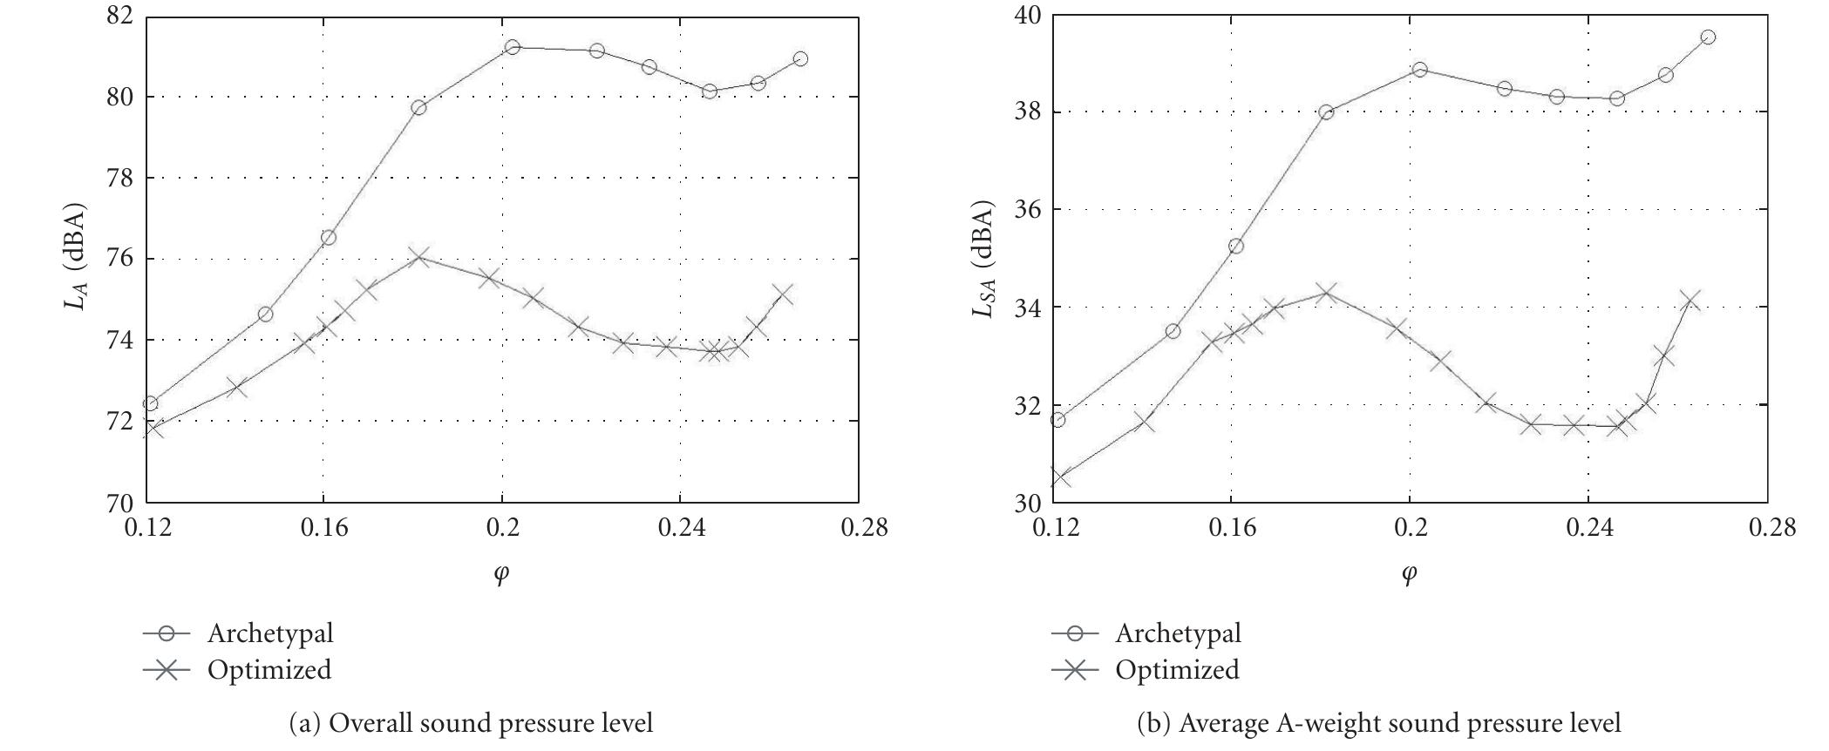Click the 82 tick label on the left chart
point(120,16)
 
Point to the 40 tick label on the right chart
point(1029,16)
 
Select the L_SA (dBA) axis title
point(984,258)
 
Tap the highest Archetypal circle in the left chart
point(513,47)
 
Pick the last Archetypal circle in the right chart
point(1708,37)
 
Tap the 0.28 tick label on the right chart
point(1771,529)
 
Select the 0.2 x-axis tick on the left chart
point(502,529)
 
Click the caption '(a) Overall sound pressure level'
point(471,723)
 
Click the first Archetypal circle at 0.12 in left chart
point(150,403)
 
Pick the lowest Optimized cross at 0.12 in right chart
point(1059,477)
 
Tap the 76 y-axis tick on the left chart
point(120,259)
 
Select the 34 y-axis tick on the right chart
point(1029,308)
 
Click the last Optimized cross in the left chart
point(782,294)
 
